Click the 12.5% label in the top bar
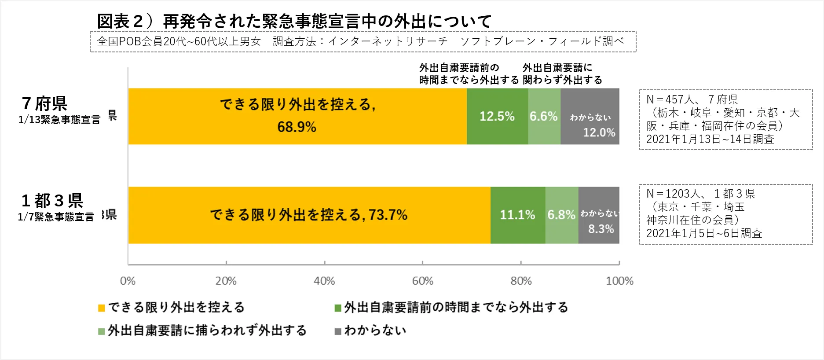point(497,116)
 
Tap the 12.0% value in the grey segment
point(599,132)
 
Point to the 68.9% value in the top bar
point(297,127)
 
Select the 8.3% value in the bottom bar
point(601,229)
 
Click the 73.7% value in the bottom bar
point(388,215)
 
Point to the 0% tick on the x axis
point(128,281)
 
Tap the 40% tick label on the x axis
point(324,281)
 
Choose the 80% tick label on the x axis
point(521,281)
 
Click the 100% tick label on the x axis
point(619,281)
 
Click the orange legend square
point(102,308)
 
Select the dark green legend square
point(338,308)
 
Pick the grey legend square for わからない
point(338,331)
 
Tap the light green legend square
point(102,331)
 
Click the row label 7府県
point(44,104)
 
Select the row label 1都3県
point(52,201)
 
